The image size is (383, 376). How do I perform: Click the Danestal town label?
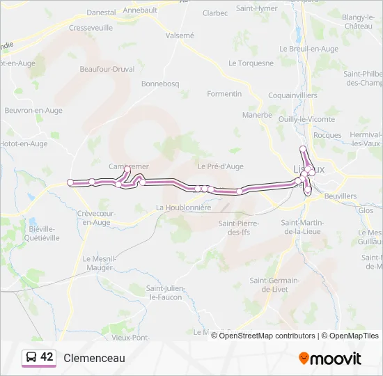click(101, 13)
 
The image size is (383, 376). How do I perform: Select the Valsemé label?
click(180, 35)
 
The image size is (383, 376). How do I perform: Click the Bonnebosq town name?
click(160, 84)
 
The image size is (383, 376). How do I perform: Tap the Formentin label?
click(224, 93)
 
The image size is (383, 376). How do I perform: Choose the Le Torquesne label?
click(251, 63)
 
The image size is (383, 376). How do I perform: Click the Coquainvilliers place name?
click(293, 95)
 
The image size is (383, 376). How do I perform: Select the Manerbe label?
click(257, 115)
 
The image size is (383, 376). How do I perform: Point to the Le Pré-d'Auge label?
click(220, 166)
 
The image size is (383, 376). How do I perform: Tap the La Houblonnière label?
click(184, 207)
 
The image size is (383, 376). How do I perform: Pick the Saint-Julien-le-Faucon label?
click(164, 292)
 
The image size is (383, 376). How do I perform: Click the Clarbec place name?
click(215, 13)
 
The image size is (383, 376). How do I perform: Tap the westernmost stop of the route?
click(70, 182)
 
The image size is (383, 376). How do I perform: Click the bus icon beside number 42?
click(31, 357)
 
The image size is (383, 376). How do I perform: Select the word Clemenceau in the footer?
click(94, 358)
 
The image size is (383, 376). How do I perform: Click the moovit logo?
click(330, 358)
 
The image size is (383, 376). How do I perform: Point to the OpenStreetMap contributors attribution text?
click(265, 336)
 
